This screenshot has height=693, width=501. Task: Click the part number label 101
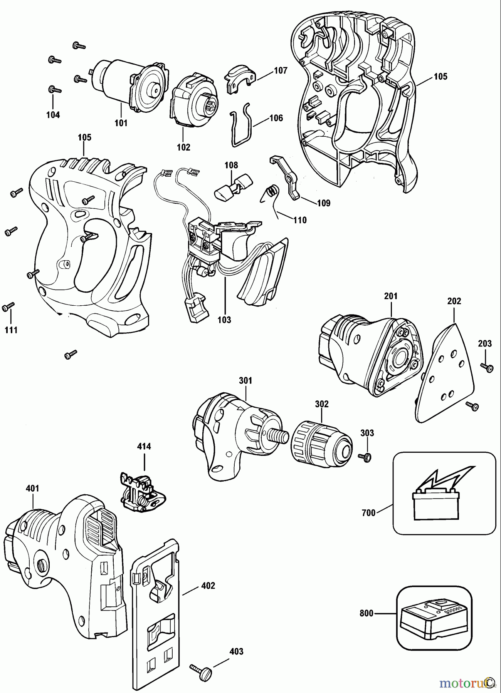[x=121, y=123]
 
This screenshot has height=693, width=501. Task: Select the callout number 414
[x=144, y=447]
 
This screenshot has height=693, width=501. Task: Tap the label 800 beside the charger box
[x=367, y=613]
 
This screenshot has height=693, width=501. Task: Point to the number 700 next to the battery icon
[x=369, y=513]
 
